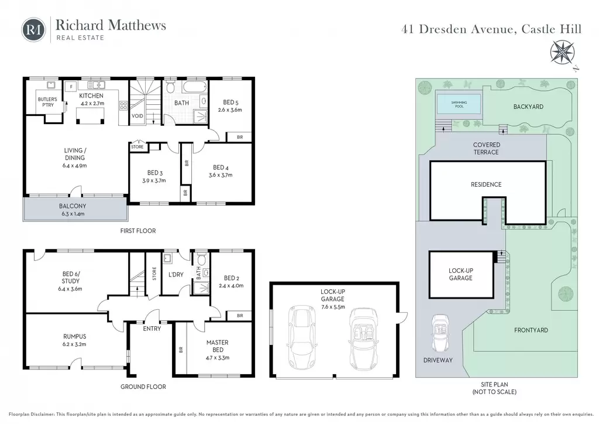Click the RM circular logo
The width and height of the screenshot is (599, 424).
[x=33, y=29]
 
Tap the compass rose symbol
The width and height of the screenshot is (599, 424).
[x=562, y=53]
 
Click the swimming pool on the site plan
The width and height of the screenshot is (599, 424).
[x=459, y=104]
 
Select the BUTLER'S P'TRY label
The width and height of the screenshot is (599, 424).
[x=48, y=102]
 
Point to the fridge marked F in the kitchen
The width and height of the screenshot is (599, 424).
[x=71, y=87]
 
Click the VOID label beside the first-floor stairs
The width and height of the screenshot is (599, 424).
[x=137, y=116]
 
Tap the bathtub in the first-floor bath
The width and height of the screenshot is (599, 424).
[x=195, y=87]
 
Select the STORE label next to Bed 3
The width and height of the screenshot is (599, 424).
[x=137, y=147]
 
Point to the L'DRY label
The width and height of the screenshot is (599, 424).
[x=175, y=275]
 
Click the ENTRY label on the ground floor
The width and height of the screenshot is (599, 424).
[x=152, y=329]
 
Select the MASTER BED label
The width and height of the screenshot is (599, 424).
[x=218, y=346]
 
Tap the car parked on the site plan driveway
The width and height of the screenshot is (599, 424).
[x=440, y=333]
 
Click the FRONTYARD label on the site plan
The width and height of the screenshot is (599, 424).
[x=531, y=330]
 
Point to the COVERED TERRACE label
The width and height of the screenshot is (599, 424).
[x=486, y=148]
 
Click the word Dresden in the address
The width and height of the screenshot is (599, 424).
[x=443, y=29]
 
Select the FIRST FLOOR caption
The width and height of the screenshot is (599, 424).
[x=138, y=231]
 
